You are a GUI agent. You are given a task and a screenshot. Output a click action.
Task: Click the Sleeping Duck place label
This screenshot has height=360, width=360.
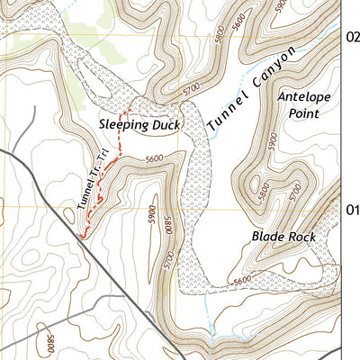(140, 125)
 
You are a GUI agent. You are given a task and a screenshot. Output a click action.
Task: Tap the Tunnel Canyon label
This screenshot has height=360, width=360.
(252, 90)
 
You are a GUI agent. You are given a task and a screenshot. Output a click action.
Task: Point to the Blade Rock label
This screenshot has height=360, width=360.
(282, 238)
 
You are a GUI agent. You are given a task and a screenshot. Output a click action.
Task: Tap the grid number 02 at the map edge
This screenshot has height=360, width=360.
(352, 37)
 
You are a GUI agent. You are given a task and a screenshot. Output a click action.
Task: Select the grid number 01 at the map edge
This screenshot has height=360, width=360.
(352, 210)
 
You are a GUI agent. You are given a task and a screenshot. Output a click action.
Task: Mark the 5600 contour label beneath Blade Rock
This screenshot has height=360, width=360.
(242, 281)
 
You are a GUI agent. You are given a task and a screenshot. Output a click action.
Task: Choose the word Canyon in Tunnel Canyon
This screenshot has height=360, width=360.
(274, 70)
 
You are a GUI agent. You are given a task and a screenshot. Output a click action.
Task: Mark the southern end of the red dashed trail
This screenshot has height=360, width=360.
(84, 237)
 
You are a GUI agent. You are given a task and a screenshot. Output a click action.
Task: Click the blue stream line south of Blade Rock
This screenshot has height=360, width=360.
(209, 310)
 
